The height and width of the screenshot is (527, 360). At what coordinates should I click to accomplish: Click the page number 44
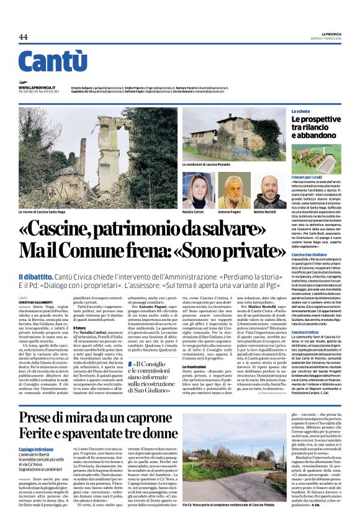click(x=23, y=37)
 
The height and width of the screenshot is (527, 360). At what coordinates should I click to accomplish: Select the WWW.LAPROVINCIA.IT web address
click(x=37, y=88)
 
